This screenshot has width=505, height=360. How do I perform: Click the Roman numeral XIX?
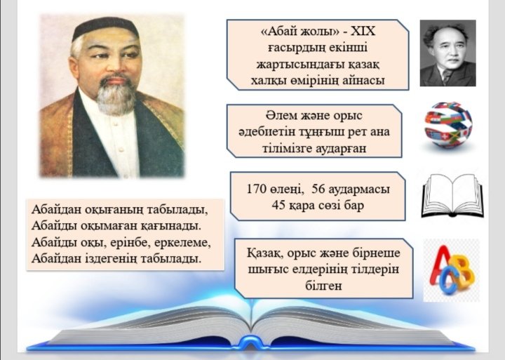point(363,32)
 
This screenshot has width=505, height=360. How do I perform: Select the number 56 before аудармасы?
point(319,189)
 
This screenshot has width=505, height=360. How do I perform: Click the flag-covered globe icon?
point(448,125)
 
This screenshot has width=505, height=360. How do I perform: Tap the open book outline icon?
point(452,196)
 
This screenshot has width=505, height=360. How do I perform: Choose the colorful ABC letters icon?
point(452,270)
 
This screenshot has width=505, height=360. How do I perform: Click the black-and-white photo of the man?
point(447,53)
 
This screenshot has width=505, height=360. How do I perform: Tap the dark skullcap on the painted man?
point(105,28)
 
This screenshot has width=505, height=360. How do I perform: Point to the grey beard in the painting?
point(115,97)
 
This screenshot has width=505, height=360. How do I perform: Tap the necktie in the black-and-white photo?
point(446,76)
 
